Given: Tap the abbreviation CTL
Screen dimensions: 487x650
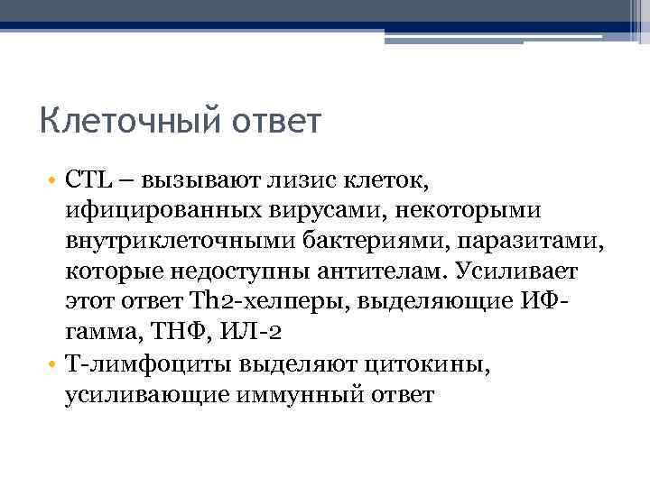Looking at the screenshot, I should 88,180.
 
